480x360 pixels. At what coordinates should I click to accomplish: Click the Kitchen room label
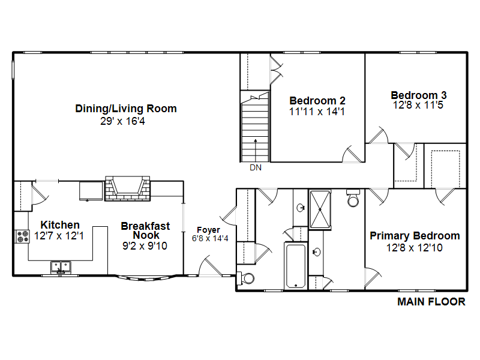[60, 225]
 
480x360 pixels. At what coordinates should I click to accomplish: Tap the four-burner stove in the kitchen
[22, 236]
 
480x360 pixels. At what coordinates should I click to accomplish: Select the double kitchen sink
[61, 267]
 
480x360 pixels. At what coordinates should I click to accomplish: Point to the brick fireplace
[127, 188]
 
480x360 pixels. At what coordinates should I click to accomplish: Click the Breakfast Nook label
[145, 230]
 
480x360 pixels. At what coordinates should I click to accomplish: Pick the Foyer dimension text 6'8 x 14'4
[210, 238]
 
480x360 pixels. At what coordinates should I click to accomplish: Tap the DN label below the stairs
[256, 167]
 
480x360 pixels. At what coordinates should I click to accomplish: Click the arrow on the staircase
[256, 150]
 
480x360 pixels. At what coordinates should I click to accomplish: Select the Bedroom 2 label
[317, 101]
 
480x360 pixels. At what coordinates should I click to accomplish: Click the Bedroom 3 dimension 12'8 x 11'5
[418, 105]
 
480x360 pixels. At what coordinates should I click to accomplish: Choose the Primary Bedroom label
[415, 236]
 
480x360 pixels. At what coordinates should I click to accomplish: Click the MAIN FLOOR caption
[431, 302]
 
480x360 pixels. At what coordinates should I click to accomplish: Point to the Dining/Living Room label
[126, 109]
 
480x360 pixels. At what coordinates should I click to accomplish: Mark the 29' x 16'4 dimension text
[122, 121]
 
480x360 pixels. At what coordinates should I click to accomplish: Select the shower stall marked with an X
[320, 209]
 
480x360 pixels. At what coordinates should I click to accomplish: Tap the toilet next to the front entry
[246, 278]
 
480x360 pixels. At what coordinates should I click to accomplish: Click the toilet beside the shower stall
[353, 199]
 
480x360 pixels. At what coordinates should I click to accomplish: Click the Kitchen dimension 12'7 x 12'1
[59, 236]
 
